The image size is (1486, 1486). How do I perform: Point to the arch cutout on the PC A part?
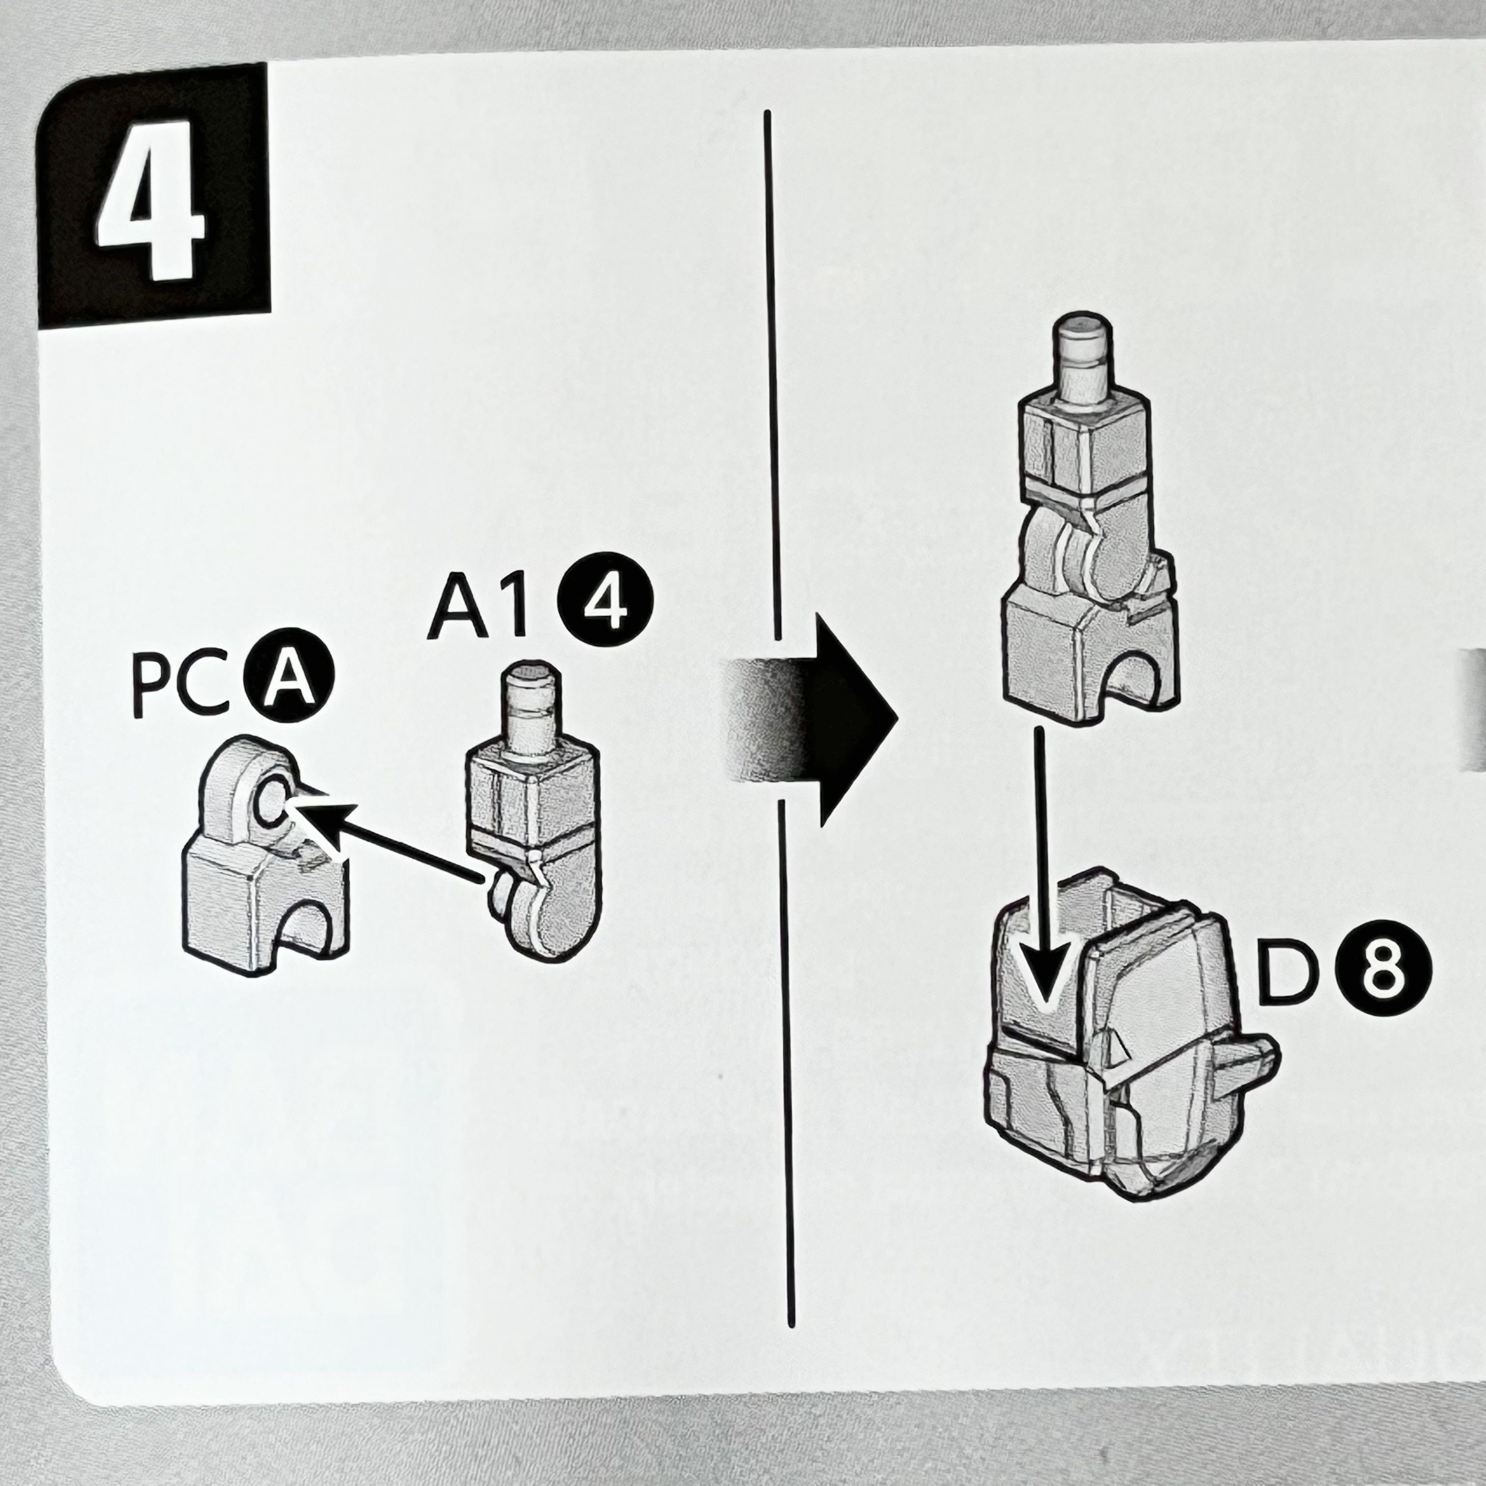(x=308, y=927)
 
